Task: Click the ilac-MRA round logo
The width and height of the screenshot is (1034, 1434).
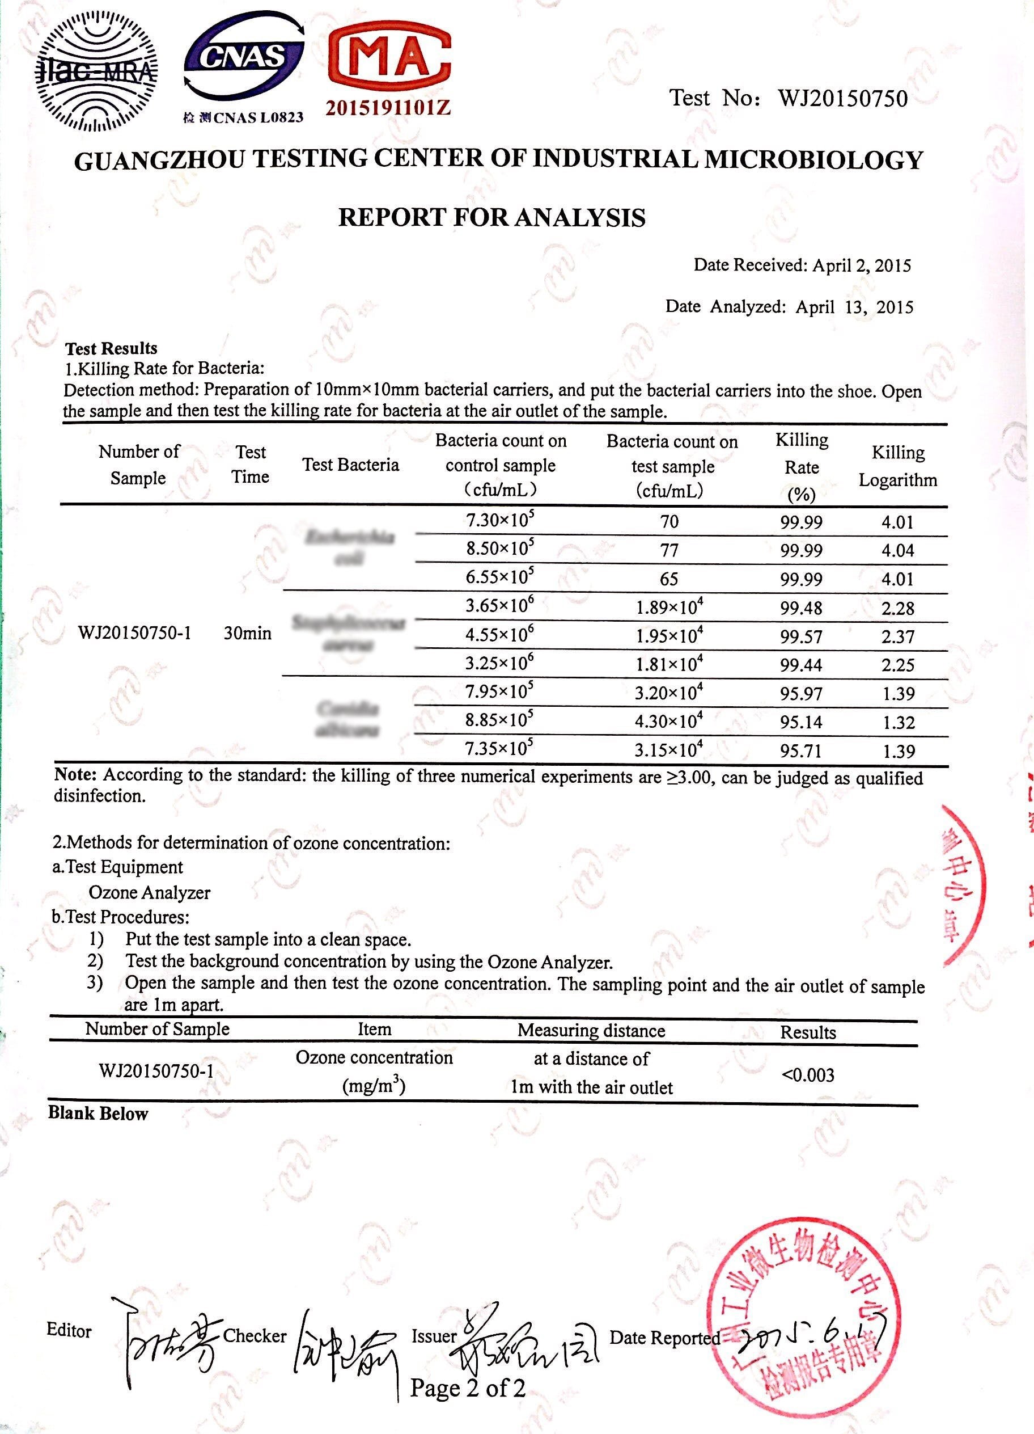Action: pos(95,70)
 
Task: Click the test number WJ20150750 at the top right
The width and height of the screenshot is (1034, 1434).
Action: pos(842,99)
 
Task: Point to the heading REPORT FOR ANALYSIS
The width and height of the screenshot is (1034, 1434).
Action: pos(491,217)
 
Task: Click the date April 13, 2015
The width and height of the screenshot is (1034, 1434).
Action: pos(854,307)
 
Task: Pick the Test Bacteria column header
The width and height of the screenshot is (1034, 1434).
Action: pos(351,465)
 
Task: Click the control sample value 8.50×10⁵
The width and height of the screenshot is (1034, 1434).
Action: pos(500,548)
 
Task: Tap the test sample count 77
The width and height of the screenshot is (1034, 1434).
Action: pos(669,550)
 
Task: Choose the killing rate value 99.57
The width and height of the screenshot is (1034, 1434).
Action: pos(801,636)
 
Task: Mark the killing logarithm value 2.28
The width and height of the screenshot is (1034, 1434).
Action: pos(897,608)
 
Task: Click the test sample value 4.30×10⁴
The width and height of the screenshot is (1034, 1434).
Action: pos(669,722)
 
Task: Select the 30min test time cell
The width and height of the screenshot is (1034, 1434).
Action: pos(247,633)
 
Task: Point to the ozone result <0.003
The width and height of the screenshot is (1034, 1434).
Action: pos(808,1075)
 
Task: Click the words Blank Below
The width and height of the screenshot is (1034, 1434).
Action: pos(98,1114)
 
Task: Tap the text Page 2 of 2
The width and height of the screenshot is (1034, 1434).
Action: pos(468,1387)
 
